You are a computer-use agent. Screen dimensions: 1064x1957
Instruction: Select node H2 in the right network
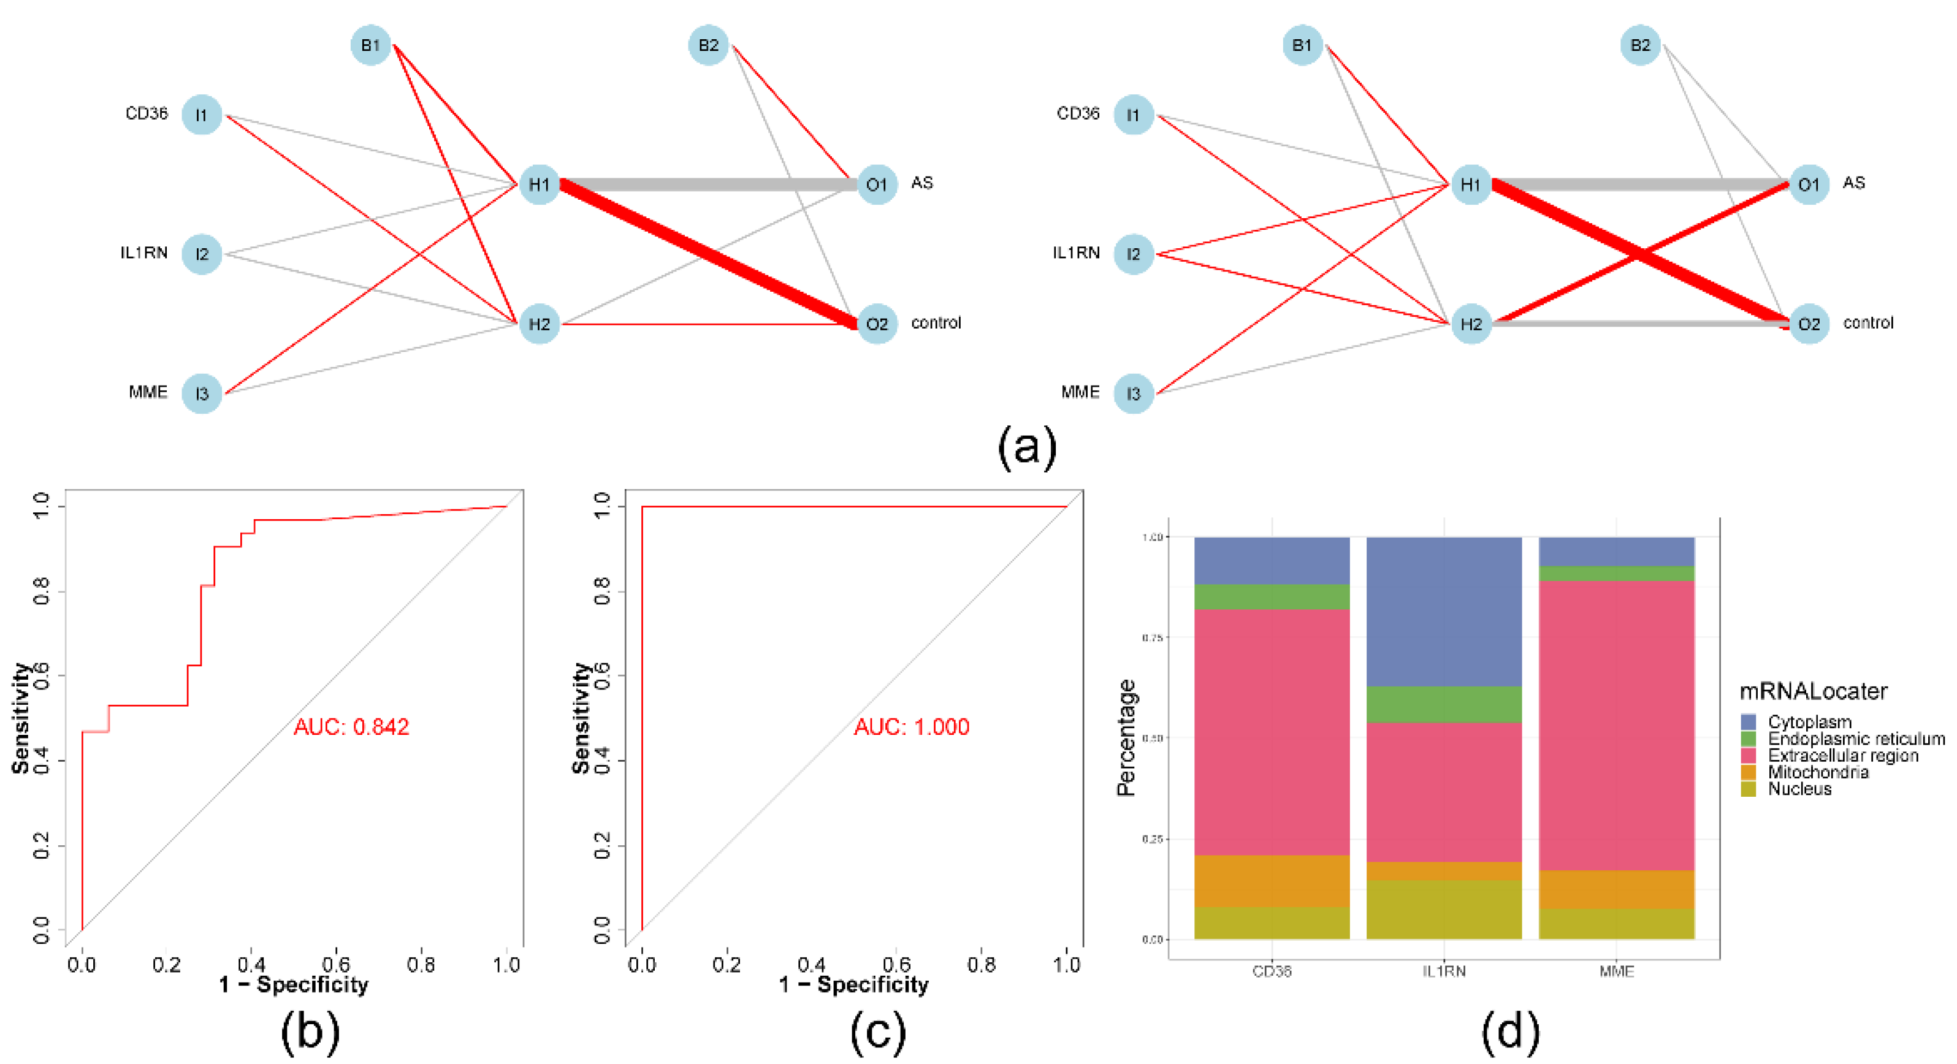[x=1470, y=324]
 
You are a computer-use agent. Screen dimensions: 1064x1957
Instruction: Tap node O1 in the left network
[x=876, y=184]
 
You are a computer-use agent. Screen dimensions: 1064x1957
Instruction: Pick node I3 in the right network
[x=1133, y=393]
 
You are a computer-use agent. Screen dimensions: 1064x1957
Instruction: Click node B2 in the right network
[x=1639, y=45]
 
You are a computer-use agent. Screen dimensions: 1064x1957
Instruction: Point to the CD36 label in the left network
[x=146, y=114]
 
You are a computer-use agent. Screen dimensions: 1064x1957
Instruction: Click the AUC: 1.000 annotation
[x=911, y=727]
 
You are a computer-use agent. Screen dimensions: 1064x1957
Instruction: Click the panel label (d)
[x=1509, y=1032]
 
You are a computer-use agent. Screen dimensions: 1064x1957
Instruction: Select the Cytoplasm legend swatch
[x=1748, y=721]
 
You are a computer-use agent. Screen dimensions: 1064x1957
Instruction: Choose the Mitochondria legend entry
[x=1817, y=772]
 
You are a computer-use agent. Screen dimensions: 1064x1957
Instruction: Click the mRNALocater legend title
[x=1813, y=691]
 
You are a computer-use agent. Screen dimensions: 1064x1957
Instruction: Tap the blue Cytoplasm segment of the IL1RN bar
[x=1443, y=611]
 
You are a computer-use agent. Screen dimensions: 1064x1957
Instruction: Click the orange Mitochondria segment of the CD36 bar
[x=1271, y=880]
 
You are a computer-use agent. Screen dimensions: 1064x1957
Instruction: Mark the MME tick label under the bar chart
[x=1616, y=971]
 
